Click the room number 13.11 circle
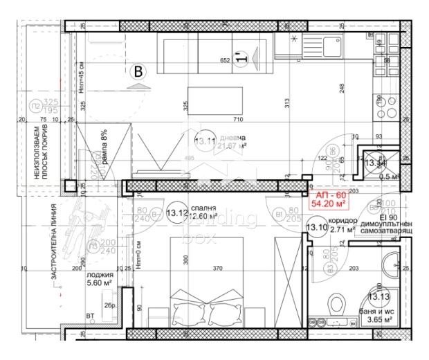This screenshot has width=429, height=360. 206,141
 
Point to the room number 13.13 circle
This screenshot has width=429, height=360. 378,297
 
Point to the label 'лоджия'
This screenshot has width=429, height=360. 98,272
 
